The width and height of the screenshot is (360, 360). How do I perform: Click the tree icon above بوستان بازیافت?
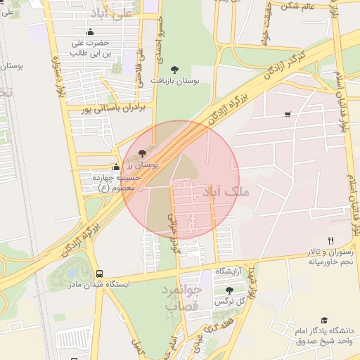(174, 69)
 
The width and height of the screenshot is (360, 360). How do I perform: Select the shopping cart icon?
(288, 114)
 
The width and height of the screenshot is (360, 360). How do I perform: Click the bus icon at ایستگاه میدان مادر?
(99, 274)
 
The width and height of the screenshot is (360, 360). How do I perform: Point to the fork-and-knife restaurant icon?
(330, 240)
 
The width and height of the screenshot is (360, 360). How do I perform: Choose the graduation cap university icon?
(324, 321)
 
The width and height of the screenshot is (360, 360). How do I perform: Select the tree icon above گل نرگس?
(229, 290)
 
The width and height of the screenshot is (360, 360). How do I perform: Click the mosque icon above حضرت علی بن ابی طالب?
(90, 32)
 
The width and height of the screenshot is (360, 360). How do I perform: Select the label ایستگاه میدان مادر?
(99, 285)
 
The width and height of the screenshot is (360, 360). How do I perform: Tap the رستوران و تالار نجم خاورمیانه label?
(329, 257)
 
